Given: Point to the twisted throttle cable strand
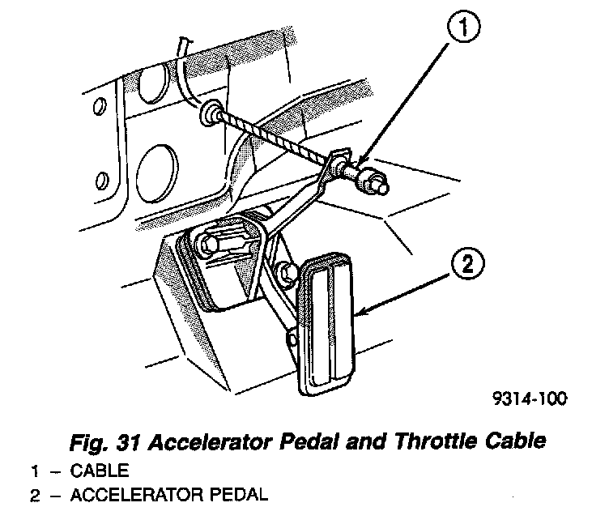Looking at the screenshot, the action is [275, 138].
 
